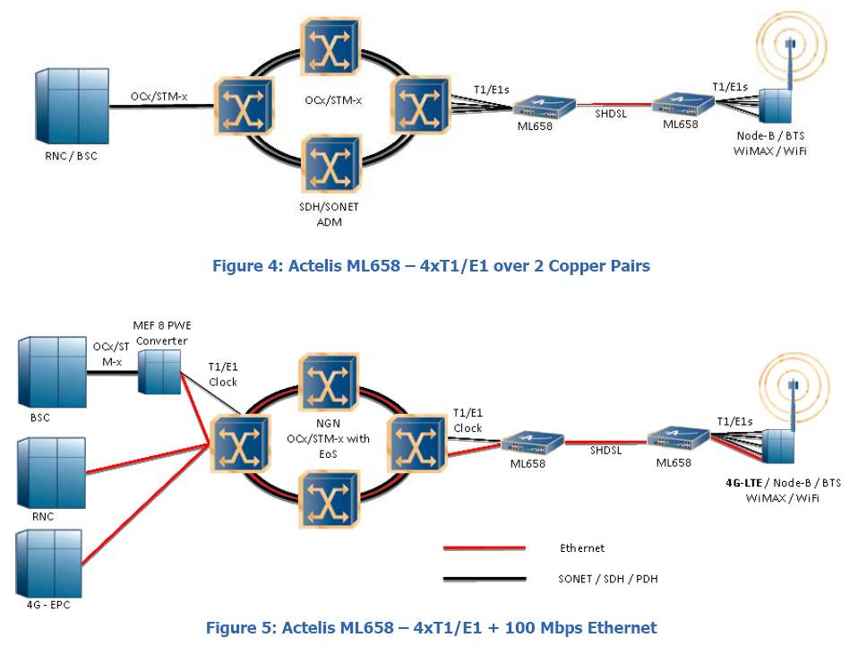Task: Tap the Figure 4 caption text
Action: click(x=431, y=266)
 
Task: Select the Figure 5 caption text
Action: click(x=431, y=627)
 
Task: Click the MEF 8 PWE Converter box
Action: click(x=159, y=372)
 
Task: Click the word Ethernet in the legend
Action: click(x=582, y=547)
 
